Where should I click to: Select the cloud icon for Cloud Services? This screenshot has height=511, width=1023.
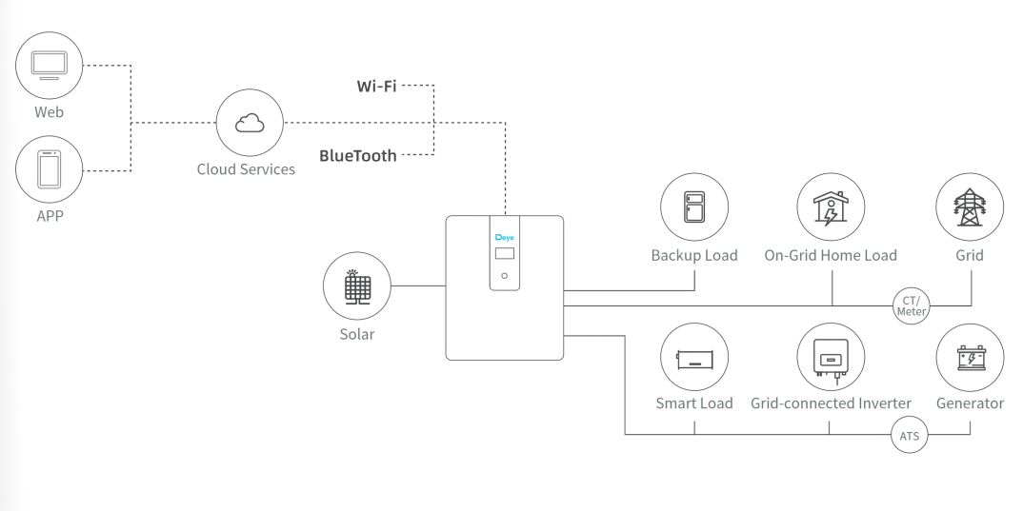point(251,123)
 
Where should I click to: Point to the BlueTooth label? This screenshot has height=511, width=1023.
point(357,155)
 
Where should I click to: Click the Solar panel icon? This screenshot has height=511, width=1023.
point(357,285)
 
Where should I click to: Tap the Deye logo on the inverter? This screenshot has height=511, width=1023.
point(505,237)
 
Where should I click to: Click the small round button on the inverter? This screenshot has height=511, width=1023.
point(505,276)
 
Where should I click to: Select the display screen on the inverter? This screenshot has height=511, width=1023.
point(505,254)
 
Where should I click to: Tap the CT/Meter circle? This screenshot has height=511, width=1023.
point(910,305)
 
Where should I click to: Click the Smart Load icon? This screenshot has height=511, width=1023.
point(694,358)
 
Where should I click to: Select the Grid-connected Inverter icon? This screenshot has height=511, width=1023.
point(831,358)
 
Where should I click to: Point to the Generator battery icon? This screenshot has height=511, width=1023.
point(970,358)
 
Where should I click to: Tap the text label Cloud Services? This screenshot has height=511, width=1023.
point(252,170)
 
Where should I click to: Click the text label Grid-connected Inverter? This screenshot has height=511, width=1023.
point(831,403)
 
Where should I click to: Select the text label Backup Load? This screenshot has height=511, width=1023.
point(693,256)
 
